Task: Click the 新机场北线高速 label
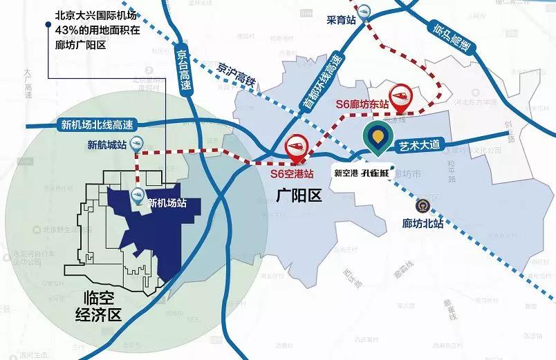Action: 97,125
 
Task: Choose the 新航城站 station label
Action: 106,145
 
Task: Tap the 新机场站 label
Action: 168,203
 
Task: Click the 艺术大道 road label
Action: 419,145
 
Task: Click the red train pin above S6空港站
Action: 296,146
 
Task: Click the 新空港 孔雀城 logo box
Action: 362,173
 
